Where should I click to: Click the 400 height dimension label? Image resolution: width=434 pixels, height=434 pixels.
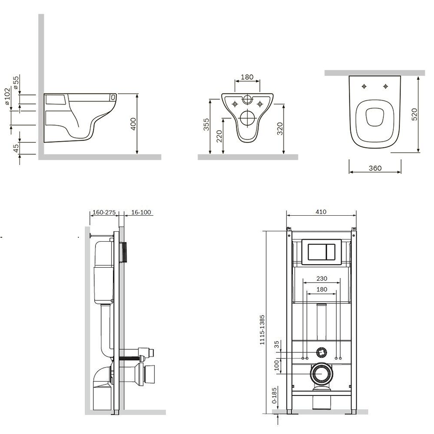pyautogui.click(x=133, y=124)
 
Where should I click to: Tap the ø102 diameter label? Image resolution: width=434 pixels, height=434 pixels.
pyautogui.click(x=7, y=96)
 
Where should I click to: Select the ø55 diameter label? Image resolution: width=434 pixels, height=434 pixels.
pyautogui.click(x=16, y=82)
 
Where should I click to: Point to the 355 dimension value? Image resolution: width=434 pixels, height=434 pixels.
pyautogui.click(x=206, y=124)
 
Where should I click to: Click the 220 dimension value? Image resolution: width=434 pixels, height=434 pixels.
pyautogui.click(x=219, y=136)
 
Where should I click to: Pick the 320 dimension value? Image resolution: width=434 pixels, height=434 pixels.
pyautogui.click(x=280, y=128)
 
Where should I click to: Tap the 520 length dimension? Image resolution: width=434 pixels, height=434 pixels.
pyautogui.click(x=414, y=114)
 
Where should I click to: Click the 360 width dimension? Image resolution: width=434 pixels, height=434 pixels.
pyautogui.click(x=375, y=168)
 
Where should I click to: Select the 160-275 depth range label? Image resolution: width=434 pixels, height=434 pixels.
pyautogui.click(x=104, y=212)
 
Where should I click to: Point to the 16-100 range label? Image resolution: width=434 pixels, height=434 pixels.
pyautogui.click(x=141, y=212)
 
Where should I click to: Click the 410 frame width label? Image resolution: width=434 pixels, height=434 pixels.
pyautogui.click(x=321, y=212)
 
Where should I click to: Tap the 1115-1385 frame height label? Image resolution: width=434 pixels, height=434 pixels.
pyautogui.click(x=262, y=330)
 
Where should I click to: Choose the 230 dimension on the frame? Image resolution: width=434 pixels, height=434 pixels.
pyautogui.click(x=322, y=279)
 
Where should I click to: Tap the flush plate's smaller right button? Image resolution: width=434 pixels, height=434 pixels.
pyautogui.click(x=331, y=252)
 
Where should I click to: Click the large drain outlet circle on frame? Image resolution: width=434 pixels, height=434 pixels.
pyautogui.click(x=322, y=373)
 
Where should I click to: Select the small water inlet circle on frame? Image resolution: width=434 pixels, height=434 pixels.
pyautogui.click(x=321, y=352)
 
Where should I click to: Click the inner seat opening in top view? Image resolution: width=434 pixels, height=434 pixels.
pyautogui.click(x=375, y=117)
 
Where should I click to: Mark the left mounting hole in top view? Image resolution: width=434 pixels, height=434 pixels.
pyautogui.click(x=364, y=86)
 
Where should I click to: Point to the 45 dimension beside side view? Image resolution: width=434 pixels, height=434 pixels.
pyautogui.click(x=16, y=148)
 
